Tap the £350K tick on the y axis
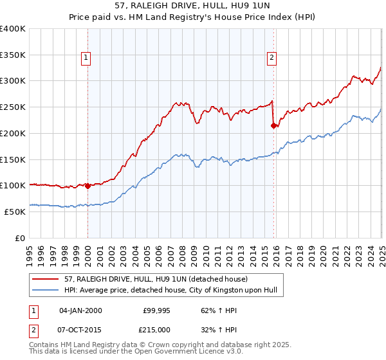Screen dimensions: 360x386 [x=13, y=55]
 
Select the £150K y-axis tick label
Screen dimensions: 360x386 [x=13, y=159]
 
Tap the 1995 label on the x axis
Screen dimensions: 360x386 [x=30, y=251]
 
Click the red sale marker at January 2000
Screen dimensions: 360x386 [x=87, y=186]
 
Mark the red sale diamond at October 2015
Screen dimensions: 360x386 [x=273, y=126]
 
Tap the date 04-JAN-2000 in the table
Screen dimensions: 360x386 [x=80, y=310]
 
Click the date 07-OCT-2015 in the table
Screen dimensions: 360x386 [x=80, y=328]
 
